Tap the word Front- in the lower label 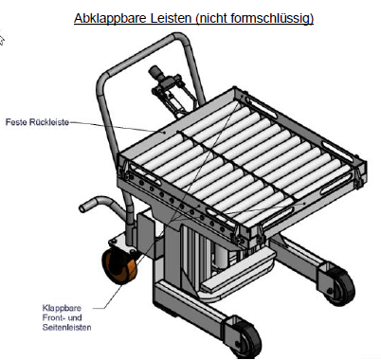pyautogui.click(x=54, y=318)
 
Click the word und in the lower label pyautogui.click(x=76, y=318)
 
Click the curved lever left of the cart pyautogui.click(x=94, y=205)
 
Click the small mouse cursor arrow pyautogui.click(x=3, y=40)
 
